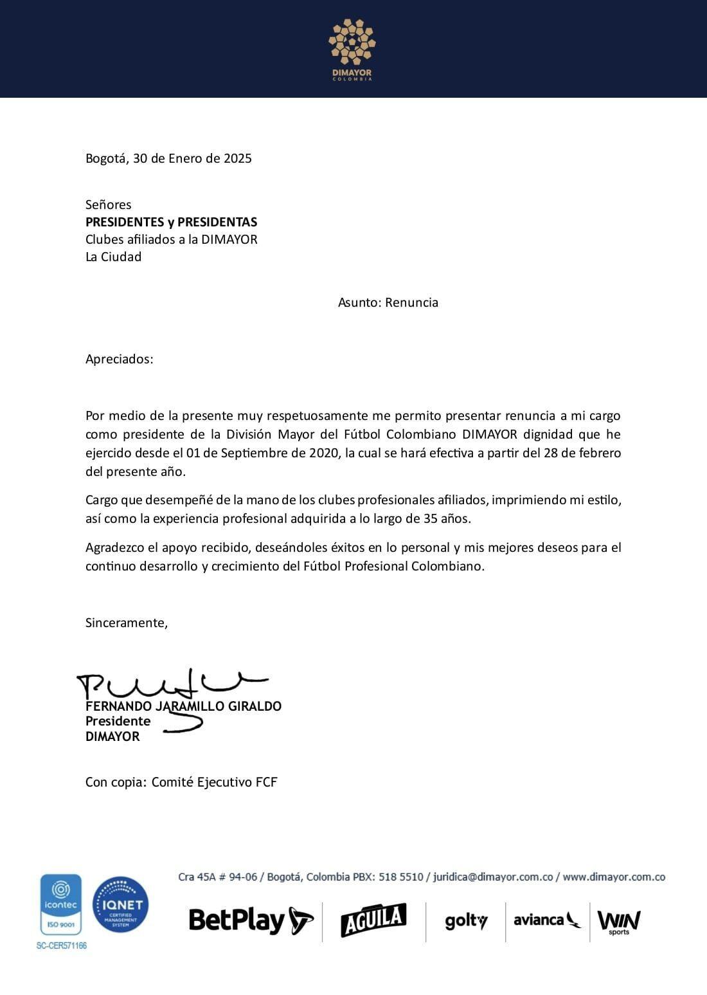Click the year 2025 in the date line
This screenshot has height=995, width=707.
238,158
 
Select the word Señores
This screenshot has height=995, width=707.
108,205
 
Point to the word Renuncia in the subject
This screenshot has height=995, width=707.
411,302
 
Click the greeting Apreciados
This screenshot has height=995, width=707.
119,359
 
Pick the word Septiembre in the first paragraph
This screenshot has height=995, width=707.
254,453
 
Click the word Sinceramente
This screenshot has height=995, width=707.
126,623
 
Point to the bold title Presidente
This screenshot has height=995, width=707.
118,721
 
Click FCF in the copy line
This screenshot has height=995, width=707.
265,782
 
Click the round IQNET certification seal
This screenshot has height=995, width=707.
121,905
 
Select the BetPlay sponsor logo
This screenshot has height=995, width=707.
251,920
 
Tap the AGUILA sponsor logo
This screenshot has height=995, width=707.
373,920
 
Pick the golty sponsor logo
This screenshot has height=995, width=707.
466,921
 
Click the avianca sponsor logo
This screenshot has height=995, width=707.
546,920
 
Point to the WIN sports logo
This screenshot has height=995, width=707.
619,922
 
